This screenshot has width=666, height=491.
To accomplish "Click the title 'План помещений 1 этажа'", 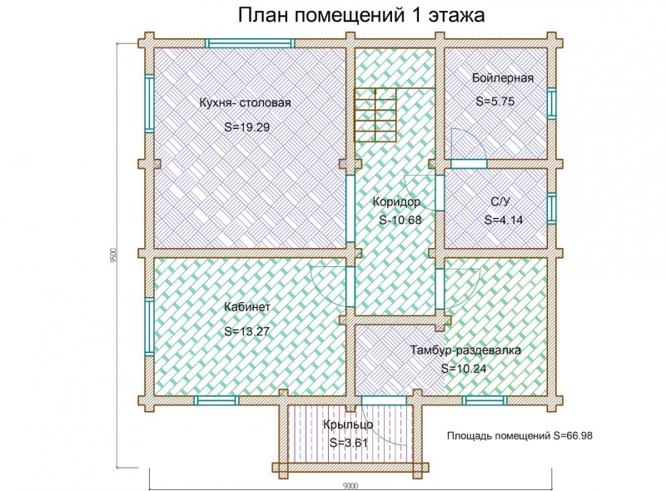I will click(360, 16).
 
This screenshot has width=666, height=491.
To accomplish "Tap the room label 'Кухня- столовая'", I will click(245, 103).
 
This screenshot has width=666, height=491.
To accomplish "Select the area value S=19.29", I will click(247, 127).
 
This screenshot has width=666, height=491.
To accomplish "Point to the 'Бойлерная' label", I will click(502, 78).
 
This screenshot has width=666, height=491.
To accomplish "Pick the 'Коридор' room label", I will click(396, 202).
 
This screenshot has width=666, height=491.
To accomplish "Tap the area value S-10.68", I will click(400, 221).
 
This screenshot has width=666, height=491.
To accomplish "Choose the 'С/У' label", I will click(499, 202).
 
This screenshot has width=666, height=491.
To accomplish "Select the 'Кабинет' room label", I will click(247, 306).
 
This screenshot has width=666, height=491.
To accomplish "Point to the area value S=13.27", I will click(247, 330).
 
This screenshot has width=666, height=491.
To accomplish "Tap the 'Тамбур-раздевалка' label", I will click(465, 350).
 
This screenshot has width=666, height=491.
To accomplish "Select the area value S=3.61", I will click(350, 442).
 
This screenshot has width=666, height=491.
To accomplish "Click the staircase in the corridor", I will click(375, 117).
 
